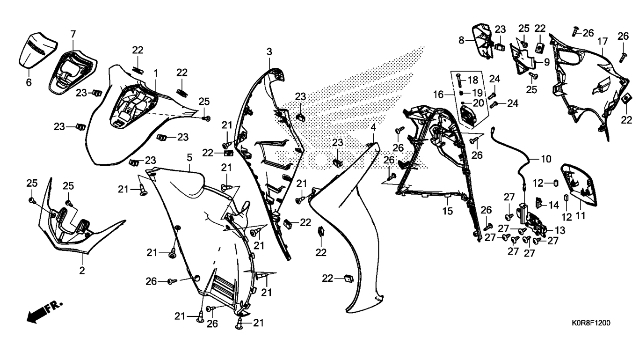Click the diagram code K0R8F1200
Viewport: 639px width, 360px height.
click(x=590, y=323)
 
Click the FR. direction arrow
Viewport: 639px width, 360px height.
click(x=44, y=312)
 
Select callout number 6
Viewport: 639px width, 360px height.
click(x=28, y=83)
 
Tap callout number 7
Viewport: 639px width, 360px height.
click(x=73, y=34)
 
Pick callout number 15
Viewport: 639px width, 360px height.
click(x=448, y=211)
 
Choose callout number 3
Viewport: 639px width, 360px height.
click(x=269, y=51)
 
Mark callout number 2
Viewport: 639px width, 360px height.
click(x=82, y=270)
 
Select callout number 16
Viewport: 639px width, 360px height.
click(x=438, y=95)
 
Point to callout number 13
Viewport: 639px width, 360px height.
click(x=560, y=230)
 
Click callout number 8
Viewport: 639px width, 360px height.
click(x=462, y=40)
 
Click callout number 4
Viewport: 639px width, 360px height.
click(x=373, y=127)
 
